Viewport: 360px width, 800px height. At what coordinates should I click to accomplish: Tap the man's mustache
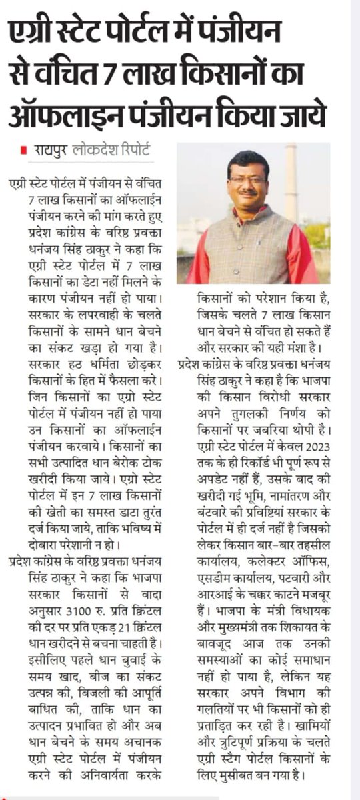(x=248, y=194)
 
